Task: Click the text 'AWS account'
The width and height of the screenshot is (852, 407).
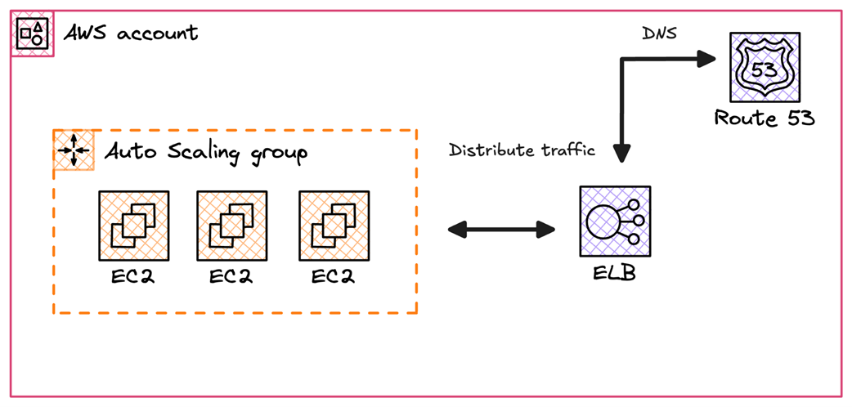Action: (x=131, y=34)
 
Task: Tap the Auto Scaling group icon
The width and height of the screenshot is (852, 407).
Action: (x=74, y=150)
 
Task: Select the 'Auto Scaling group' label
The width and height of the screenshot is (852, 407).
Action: (x=205, y=153)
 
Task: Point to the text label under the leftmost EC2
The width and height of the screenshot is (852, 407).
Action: (x=133, y=276)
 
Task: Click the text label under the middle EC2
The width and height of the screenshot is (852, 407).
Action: (x=231, y=276)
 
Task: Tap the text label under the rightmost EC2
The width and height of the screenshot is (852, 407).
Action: (x=334, y=276)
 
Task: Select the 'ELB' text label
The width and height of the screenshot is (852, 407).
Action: (x=614, y=272)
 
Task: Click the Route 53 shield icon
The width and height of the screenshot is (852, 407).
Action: (x=764, y=70)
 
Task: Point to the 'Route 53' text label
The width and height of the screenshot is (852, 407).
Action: (x=765, y=119)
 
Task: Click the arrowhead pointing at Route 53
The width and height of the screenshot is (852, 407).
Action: (x=706, y=59)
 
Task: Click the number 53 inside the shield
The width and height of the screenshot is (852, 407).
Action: (x=764, y=69)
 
